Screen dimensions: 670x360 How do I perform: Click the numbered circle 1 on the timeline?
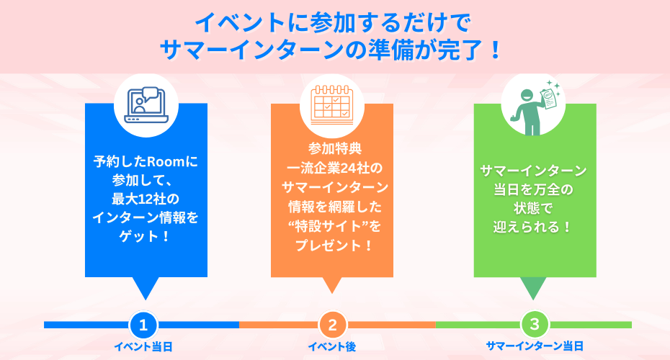[x=143, y=325]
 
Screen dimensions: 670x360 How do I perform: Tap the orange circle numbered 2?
[x=332, y=325]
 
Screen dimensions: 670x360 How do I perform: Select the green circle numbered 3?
[x=535, y=324]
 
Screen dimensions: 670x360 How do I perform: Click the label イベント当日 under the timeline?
[x=143, y=347]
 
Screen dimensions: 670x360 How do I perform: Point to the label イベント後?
[x=332, y=347]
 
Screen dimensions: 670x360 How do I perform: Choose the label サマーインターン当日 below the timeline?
[x=535, y=346]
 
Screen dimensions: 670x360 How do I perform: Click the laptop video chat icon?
[x=146, y=106]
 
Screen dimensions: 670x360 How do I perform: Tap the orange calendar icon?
[x=332, y=104]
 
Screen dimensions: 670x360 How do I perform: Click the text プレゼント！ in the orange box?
[x=334, y=246]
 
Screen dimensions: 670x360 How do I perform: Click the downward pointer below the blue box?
[x=146, y=288]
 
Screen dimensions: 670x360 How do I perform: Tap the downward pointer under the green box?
[x=533, y=288]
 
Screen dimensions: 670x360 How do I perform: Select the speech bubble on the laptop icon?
[x=150, y=94]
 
